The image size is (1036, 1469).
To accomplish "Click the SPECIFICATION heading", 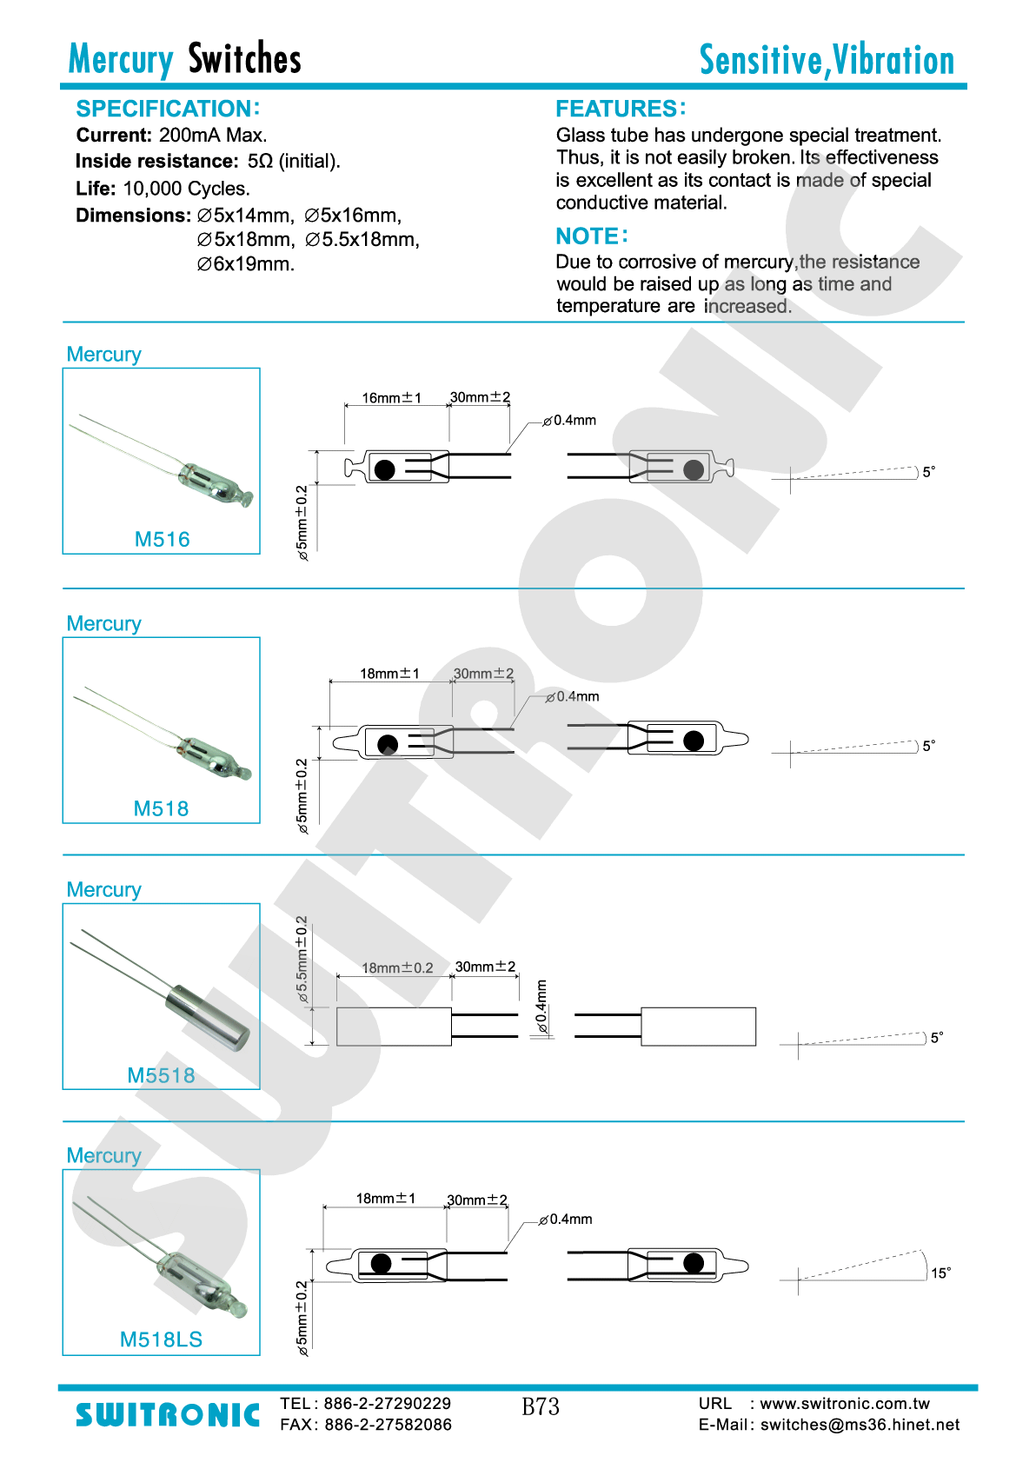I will point(167,109).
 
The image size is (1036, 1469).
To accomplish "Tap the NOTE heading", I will point(591,236).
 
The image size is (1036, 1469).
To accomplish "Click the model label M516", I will point(162,539).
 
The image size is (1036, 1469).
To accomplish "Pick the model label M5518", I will point(161,1075).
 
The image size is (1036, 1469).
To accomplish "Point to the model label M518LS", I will point(161,1339).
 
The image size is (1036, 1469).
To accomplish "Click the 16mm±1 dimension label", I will point(391,398).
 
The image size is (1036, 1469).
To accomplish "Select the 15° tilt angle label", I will point(940,1273).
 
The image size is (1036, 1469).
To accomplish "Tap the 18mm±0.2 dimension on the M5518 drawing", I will point(397,967).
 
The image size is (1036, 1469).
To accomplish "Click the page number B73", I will point(541,1406).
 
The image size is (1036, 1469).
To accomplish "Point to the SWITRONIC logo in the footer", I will point(168,1414).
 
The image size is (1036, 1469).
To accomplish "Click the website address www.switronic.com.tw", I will point(845,1403).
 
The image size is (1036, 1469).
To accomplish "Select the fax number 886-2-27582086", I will point(388,1425).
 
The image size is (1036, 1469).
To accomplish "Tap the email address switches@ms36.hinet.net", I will point(860,1425).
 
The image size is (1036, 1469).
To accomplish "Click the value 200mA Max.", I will point(213,135).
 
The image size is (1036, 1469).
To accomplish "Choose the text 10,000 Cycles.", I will point(186,189).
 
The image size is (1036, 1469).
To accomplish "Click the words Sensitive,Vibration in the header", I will point(827,60).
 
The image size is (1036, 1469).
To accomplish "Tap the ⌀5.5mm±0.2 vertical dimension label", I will point(302,960).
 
